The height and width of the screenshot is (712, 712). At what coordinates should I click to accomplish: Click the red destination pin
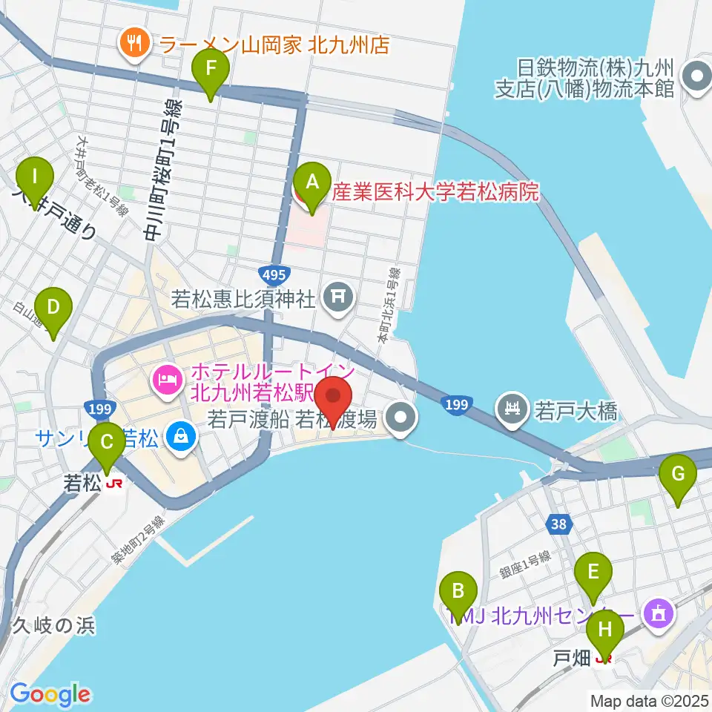click(334, 401)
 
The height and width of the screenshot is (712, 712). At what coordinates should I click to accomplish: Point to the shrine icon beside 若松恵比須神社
click(338, 299)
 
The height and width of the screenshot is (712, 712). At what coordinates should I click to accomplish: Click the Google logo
click(50, 694)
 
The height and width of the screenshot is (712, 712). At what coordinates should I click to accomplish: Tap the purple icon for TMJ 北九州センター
click(658, 613)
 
